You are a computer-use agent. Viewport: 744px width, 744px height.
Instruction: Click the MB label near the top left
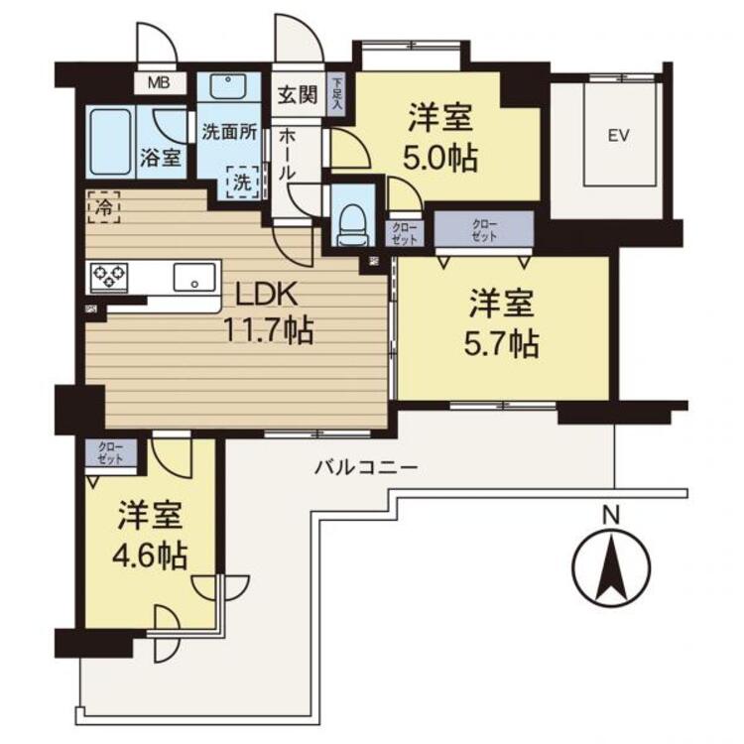[158, 82]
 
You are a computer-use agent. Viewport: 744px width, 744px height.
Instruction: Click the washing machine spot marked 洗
[242, 182]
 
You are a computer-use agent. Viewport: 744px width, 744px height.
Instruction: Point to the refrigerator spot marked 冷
[103, 206]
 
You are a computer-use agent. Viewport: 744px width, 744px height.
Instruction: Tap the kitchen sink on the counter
[195, 277]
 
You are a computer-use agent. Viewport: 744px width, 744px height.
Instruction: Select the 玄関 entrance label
[296, 96]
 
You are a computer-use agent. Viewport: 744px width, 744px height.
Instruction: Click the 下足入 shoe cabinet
[337, 93]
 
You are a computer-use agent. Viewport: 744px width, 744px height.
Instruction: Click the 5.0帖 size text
[441, 158]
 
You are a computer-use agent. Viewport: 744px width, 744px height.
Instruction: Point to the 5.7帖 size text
[504, 345]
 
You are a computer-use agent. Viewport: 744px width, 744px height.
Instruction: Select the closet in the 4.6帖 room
[110, 455]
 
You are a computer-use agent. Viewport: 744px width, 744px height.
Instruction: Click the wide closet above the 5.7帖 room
[483, 230]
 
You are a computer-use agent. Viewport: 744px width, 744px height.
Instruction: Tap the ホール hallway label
[287, 154]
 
